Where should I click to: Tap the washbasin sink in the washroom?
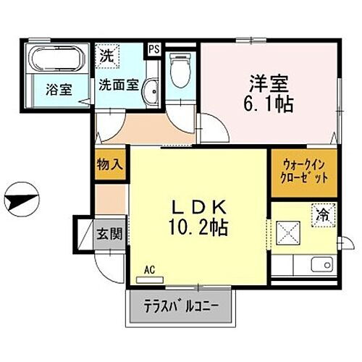coord(151,90)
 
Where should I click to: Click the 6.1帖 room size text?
coord(268,104)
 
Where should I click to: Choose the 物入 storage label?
coord(110,164)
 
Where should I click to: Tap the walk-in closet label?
coord(303,171)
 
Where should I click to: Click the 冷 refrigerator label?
coord(322,214)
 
